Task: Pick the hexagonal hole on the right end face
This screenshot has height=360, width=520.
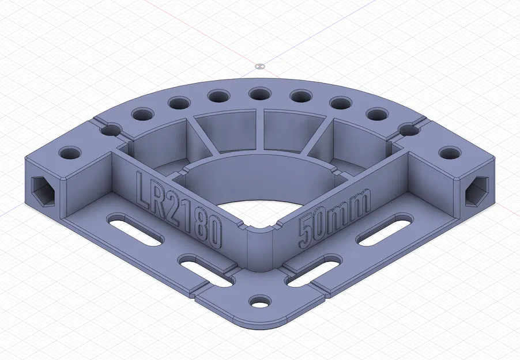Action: tap(477, 190)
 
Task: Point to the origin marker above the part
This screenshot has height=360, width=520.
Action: tap(259, 66)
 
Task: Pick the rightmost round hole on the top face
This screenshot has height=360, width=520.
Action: tap(449, 153)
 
